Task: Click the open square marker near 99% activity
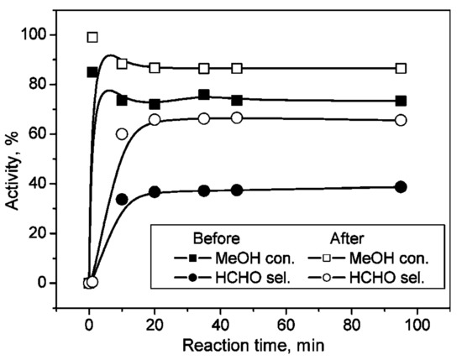[x=92, y=37]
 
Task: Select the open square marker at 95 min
[x=401, y=68]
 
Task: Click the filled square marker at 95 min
[x=401, y=101]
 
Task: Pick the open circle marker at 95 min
[x=401, y=120]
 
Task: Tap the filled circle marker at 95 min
[x=401, y=186]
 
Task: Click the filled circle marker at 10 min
[x=122, y=199]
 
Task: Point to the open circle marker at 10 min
[x=122, y=133]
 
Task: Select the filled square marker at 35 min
[x=204, y=95]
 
